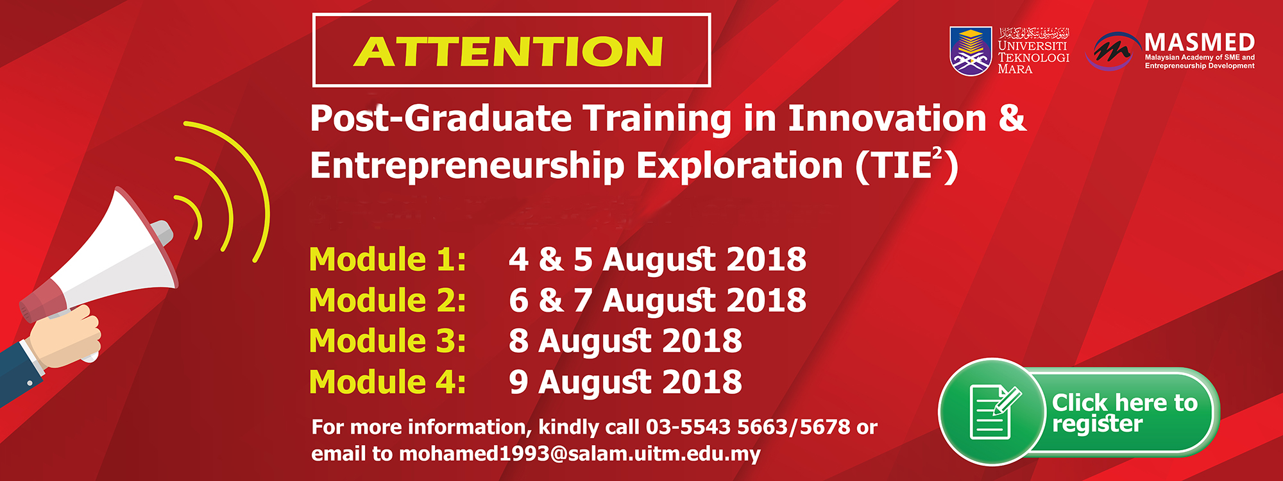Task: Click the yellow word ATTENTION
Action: pos(508,51)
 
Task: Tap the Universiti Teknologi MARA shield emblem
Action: pos(971,51)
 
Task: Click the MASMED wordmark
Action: pos(1200,43)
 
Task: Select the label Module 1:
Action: pos(387,260)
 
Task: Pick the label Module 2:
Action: pos(387,300)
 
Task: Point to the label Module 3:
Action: pos(387,341)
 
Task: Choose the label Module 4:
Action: pos(387,382)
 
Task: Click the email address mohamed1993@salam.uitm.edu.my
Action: pos(580,454)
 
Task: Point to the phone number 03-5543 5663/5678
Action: pos(748,427)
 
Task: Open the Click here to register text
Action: pos(1125,413)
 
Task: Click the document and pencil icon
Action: pos(994,412)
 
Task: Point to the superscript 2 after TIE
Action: pos(937,155)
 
